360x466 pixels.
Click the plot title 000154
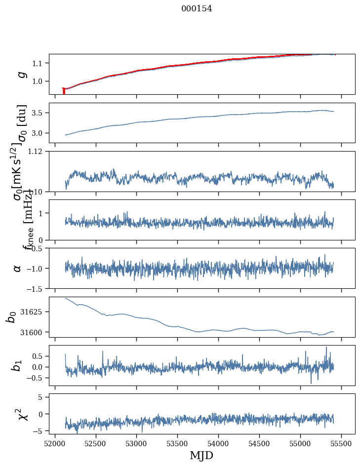click(197, 8)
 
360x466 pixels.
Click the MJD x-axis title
click(201, 455)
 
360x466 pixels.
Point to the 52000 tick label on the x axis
click(55, 443)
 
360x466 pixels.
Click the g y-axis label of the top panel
click(21, 74)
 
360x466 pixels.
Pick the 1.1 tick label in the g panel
click(39, 63)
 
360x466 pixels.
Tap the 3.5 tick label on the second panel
click(39, 113)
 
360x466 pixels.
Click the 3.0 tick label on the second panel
click(39, 133)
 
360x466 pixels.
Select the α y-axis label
click(18, 268)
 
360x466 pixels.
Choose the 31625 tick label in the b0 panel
click(36, 312)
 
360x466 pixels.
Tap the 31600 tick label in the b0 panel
click(36, 332)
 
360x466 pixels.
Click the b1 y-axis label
click(17, 365)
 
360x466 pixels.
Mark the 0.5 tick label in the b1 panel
click(39, 356)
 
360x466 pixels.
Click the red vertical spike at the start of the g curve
click(64, 91)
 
